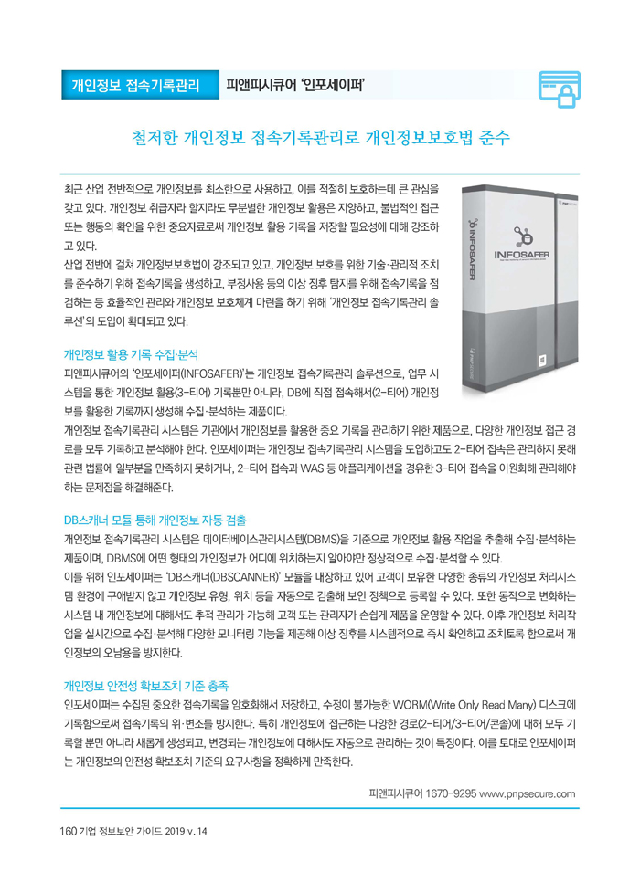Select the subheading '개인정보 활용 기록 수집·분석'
click(x=130, y=352)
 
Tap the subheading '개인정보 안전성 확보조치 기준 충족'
click(x=145, y=685)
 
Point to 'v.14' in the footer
click(x=198, y=831)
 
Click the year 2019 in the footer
click(x=173, y=831)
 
